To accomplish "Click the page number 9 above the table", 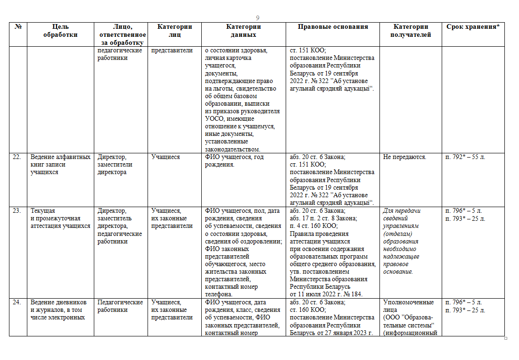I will click(x=258, y=17).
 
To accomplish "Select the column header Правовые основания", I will click(x=333, y=27).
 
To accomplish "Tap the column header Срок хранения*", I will click(x=473, y=27).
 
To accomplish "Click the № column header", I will click(x=18, y=27).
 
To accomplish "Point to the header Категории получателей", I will click(x=411, y=31).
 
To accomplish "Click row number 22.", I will click(x=17, y=157).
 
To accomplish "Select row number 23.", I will click(x=17, y=211).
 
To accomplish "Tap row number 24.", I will click(x=17, y=302).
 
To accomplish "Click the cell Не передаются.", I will click(x=405, y=157).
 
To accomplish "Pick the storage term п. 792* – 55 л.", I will click(x=465, y=157).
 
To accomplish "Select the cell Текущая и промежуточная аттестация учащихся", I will click(x=60, y=218).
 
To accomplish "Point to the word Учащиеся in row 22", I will click(x=165, y=157).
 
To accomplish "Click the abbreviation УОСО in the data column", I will click(x=214, y=119).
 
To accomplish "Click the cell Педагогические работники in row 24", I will click(x=120, y=306).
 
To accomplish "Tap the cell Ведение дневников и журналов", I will click(x=58, y=310).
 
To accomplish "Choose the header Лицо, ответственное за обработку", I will click(x=122, y=35).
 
